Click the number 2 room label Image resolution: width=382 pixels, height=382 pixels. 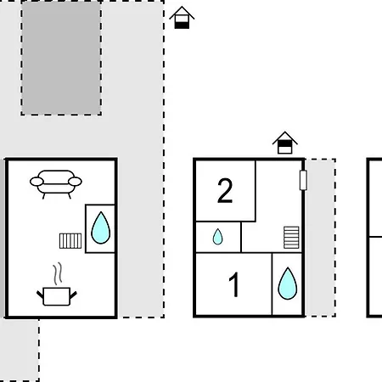coord(225,191)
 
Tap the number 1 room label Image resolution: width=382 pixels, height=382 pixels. coord(234,284)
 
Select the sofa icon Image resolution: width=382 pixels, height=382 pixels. coord(56,184)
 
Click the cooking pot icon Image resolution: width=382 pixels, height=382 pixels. coord(57,296)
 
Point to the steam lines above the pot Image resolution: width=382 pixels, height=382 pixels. coord(58,273)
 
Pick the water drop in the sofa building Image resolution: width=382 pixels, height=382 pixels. coord(100,228)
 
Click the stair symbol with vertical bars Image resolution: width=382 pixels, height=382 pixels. coord(70,241)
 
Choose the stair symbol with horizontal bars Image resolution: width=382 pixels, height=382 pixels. coord(291,238)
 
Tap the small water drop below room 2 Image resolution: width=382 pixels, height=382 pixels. coord(217,237)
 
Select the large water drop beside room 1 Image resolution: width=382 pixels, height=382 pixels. coord(288,284)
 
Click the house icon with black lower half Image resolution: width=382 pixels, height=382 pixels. coord(182,18)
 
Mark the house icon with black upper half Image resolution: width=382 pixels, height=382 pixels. coord(285,143)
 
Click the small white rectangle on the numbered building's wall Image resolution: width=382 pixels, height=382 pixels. coord(303,180)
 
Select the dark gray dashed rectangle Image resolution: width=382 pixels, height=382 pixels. coord(61,58)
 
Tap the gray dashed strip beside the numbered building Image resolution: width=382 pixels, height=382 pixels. coord(320,238)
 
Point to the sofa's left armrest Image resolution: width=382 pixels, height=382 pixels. coord(37,182)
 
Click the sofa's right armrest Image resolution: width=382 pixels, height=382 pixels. coord(75,182)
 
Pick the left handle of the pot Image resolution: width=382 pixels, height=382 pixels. coord(40,295)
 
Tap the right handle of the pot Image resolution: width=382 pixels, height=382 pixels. coord(73,295)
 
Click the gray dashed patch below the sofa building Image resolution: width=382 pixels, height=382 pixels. coord(20,350)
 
